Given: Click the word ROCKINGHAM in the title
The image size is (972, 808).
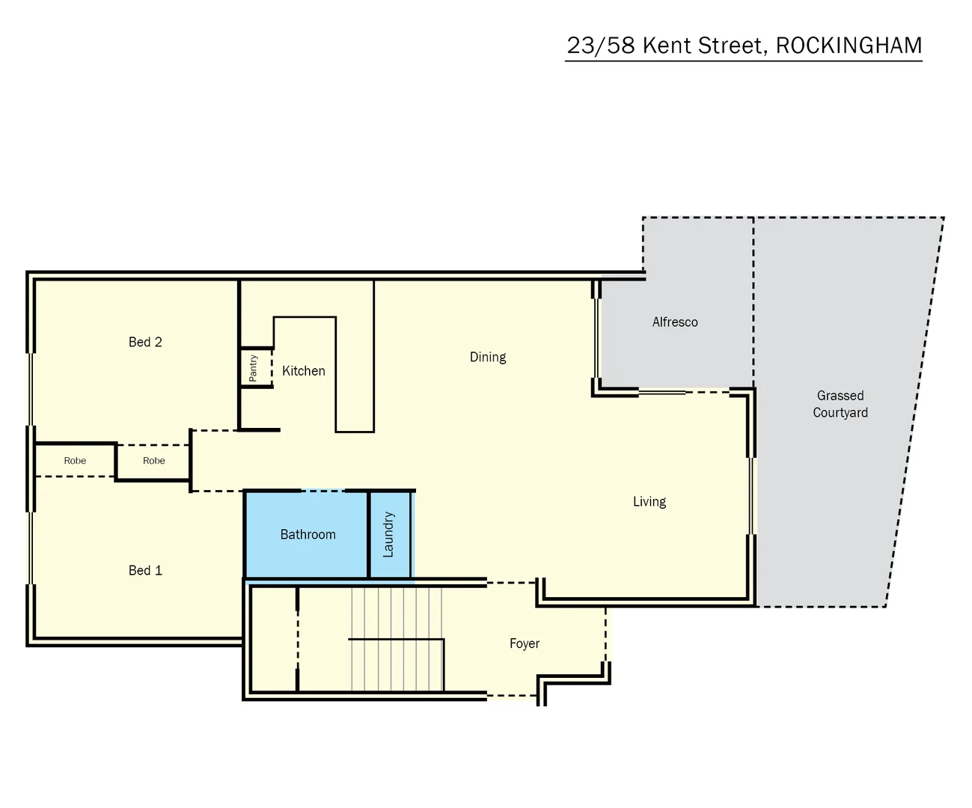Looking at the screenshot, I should pyautogui.click(x=849, y=46).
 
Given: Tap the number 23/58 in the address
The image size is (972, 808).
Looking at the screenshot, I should pyautogui.click(x=600, y=46).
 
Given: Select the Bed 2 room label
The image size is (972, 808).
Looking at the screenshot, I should pyautogui.click(x=145, y=342).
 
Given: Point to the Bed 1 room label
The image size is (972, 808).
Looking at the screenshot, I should pyautogui.click(x=145, y=570).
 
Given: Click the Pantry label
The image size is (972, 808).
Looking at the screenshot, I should pyautogui.click(x=253, y=368).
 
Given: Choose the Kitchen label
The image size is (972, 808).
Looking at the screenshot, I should pyautogui.click(x=303, y=371).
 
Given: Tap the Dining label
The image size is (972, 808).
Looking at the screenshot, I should pyautogui.click(x=488, y=357).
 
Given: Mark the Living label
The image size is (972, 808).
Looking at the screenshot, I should pyautogui.click(x=649, y=501).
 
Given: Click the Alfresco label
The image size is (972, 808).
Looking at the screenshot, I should pyautogui.click(x=675, y=322).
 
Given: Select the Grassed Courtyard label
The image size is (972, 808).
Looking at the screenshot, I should pyautogui.click(x=840, y=404).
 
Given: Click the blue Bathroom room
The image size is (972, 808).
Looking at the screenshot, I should pyautogui.click(x=308, y=534).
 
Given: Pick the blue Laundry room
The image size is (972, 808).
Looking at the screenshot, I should pyautogui.click(x=388, y=534).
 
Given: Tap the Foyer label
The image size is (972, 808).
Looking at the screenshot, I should pyautogui.click(x=524, y=643).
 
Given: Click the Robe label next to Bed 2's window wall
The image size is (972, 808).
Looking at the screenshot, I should pyautogui.click(x=75, y=461).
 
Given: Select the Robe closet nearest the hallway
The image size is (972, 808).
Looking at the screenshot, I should pyautogui.click(x=153, y=461).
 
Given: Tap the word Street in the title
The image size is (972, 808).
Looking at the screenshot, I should pyautogui.click(x=732, y=46).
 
